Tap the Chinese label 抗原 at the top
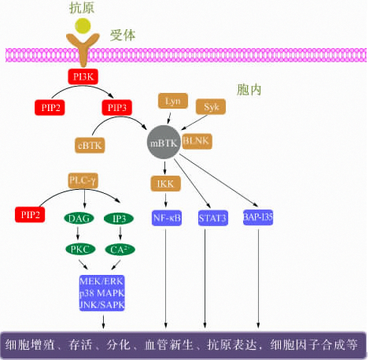[x=83, y=7]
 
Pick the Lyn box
[x=172, y=102]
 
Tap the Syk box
[x=210, y=106]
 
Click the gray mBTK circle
[x=165, y=142]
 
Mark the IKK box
[x=165, y=184]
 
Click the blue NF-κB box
[x=166, y=217]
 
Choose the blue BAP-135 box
[x=260, y=217]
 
